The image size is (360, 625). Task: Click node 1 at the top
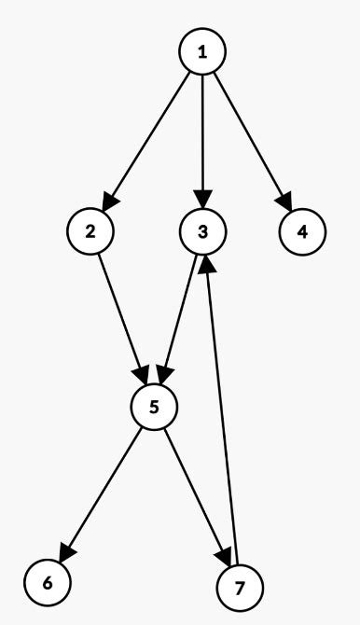(202, 51)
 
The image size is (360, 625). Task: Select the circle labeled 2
(90, 230)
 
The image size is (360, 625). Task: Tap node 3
(202, 230)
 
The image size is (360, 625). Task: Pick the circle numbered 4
(302, 230)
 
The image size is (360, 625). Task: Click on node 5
(154, 407)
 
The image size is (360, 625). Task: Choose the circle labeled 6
(46, 582)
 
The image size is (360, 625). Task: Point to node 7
(240, 588)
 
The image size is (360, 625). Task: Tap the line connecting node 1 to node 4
(252, 140)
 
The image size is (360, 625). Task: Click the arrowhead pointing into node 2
(107, 201)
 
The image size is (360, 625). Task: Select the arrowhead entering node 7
(225, 558)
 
